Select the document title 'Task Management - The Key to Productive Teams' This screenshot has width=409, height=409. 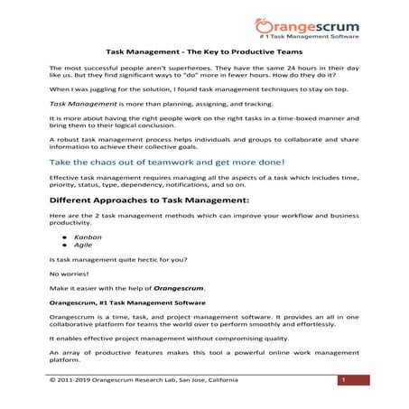coord(204,54)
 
